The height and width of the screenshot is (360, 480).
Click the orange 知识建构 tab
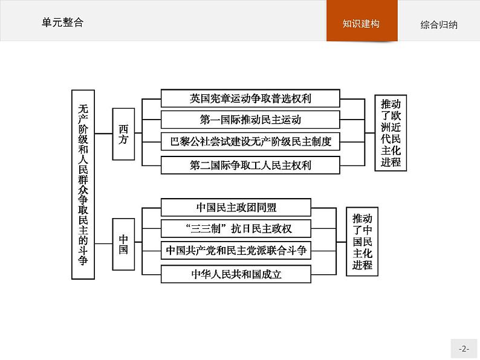click(362, 24)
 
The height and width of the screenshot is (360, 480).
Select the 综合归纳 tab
click(439, 25)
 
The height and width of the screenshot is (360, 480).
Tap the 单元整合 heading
click(62, 22)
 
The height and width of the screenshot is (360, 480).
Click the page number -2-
click(464, 349)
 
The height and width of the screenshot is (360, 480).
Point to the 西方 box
click(123, 134)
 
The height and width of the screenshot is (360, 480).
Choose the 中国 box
click(123, 243)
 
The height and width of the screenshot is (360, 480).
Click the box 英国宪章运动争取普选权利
click(250, 98)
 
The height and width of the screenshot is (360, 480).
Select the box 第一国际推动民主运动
click(250, 120)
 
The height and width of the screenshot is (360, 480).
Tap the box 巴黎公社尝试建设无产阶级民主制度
click(250, 142)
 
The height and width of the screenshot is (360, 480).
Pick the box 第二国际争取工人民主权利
click(250, 164)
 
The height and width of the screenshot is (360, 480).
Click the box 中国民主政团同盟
click(236, 207)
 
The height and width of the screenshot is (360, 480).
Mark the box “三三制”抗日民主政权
click(236, 229)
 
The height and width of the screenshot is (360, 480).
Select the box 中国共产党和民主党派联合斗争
click(236, 250)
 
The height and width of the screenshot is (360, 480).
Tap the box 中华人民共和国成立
click(236, 274)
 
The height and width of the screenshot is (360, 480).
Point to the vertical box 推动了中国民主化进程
click(362, 242)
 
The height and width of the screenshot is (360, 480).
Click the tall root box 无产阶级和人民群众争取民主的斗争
click(83, 184)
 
